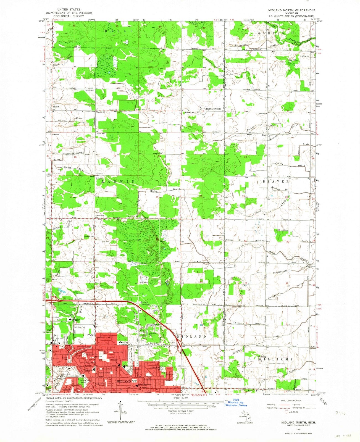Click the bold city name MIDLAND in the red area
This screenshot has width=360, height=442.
(x=124, y=382)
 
